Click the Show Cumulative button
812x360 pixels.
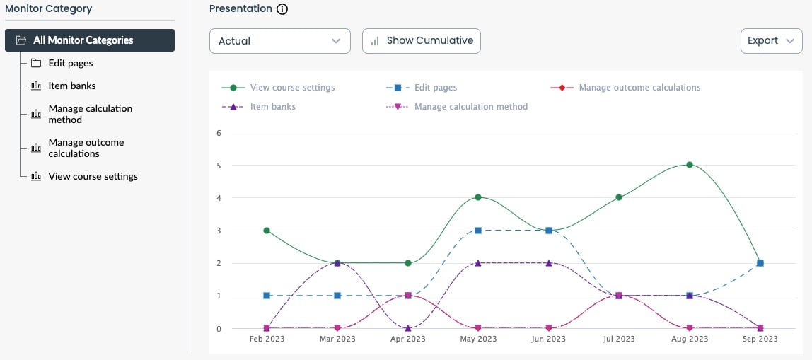[x=422, y=41]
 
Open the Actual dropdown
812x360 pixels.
[x=280, y=41]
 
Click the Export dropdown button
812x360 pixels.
[x=771, y=41]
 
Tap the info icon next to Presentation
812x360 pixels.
[x=283, y=9]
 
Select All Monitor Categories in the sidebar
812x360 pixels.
[x=90, y=40]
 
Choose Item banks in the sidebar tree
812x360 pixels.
[x=72, y=86]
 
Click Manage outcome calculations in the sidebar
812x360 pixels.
[x=86, y=148]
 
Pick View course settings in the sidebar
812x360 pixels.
[x=93, y=176]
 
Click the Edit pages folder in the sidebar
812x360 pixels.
[x=71, y=63]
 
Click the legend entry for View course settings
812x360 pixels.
[x=292, y=88]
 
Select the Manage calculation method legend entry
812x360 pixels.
[x=470, y=107]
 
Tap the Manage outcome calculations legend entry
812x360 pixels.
[x=639, y=88]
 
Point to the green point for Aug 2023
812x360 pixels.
[x=690, y=165]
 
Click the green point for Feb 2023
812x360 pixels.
[x=267, y=231]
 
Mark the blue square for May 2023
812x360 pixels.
[x=478, y=231]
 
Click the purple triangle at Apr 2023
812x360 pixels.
[x=408, y=328]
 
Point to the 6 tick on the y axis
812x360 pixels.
[x=219, y=133]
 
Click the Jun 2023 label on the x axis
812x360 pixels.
[x=548, y=339]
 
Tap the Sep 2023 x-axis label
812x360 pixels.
[x=760, y=339]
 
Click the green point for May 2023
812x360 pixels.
[x=478, y=197]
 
